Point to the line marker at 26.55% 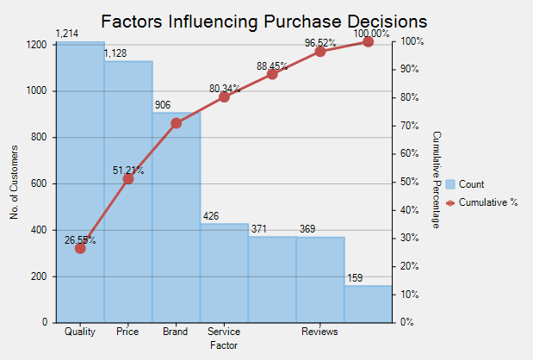80,248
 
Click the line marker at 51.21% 128,179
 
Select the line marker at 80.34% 224,96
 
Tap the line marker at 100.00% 369,41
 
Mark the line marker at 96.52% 320,51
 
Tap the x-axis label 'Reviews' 319,332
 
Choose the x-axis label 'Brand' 176,332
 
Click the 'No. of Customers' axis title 15,182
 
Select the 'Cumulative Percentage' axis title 437,180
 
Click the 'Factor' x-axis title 224,344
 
